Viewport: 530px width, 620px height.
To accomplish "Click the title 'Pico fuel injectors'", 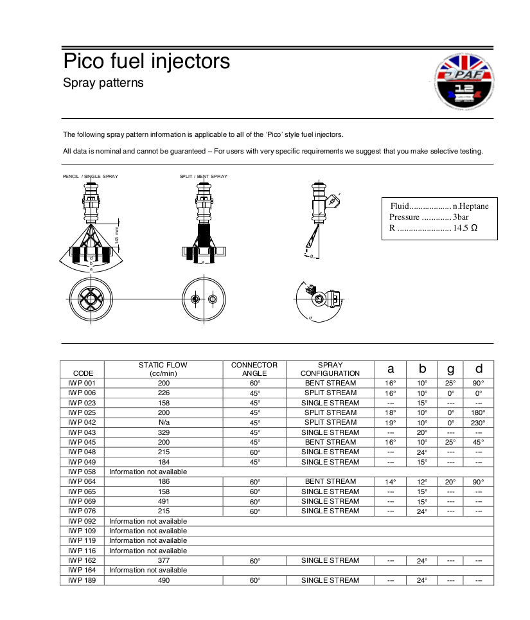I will click(146, 62).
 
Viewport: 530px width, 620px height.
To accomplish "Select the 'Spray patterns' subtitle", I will click(103, 83).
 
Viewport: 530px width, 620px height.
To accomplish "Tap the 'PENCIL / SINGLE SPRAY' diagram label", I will click(90, 176).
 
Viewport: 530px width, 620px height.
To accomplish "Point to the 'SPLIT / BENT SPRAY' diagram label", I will click(203, 176).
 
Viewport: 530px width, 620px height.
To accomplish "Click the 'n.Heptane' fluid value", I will click(470, 206).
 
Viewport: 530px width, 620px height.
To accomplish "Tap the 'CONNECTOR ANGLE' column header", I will click(254, 369).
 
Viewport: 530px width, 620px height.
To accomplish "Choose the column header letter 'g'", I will click(450, 369).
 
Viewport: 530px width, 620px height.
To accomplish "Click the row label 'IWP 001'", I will click(82, 384).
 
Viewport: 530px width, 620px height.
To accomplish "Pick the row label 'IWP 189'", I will click(82, 581).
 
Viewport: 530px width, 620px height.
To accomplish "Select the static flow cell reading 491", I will click(163, 502).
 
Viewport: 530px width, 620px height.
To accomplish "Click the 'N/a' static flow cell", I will click(163, 423).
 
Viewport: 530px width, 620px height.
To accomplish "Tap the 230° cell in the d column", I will click(479, 423).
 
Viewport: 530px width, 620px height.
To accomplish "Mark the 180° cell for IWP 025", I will click(479, 413).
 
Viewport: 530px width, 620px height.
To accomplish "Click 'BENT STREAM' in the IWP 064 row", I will click(330, 482).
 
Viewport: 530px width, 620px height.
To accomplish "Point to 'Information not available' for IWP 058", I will click(148, 472).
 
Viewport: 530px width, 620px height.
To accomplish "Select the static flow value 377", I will click(163, 561).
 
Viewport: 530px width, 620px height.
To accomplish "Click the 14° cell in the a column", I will click(391, 482).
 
